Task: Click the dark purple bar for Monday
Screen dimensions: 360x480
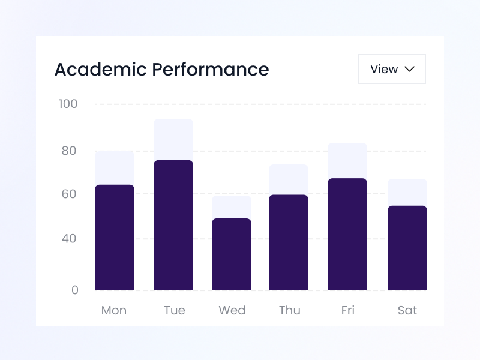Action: pyautogui.click(x=114, y=238)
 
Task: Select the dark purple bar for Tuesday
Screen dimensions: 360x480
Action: pyautogui.click(x=173, y=226)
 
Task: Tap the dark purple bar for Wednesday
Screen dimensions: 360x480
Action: pyautogui.click(x=232, y=254)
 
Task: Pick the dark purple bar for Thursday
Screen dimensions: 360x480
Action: pyautogui.click(x=289, y=242)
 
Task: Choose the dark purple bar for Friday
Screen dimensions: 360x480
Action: pyautogui.click(x=347, y=235)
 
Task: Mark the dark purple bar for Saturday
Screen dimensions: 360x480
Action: pyautogui.click(x=407, y=248)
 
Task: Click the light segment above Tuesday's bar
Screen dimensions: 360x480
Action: pyautogui.click(x=173, y=139)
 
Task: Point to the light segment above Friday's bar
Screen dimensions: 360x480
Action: pyautogui.click(x=347, y=160)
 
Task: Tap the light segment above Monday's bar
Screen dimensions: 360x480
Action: pyautogui.click(x=114, y=167)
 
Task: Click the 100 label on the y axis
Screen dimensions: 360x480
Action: pyautogui.click(x=68, y=104)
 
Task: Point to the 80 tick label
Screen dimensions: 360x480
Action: pyautogui.click(x=69, y=151)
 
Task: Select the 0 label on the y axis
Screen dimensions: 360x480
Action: pyautogui.click(x=75, y=290)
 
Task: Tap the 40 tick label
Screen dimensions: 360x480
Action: pyautogui.click(x=69, y=239)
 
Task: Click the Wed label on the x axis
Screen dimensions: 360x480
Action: pyautogui.click(x=232, y=310)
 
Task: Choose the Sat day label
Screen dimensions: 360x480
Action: pyautogui.click(x=407, y=310)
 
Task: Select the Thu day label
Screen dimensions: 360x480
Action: pyautogui.click(x=289, y=310)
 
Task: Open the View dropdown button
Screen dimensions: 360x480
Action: pyautogui.click(x=392, y=69)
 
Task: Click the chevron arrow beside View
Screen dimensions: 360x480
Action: pyautogui.click(x=410, y=69)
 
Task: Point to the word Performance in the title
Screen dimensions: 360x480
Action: pyautogui.click(x=210, y=70)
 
